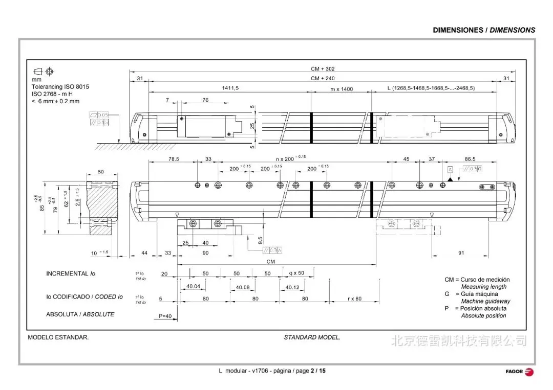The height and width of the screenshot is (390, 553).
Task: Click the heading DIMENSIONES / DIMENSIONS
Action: (x=484, y=30)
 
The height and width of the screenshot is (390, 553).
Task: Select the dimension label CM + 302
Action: (x=323, y=69)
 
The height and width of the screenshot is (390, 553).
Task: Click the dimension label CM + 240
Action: (x=323, y=79)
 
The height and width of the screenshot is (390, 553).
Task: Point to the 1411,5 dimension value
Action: (x=230, y=88)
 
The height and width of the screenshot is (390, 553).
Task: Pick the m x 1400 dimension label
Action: (x=341, y=89)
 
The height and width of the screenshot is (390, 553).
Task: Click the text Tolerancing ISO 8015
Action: (x=60, y=87)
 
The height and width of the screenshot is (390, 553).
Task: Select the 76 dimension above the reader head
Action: (x=205, y=100)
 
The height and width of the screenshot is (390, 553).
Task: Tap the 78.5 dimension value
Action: (x=174, y=159)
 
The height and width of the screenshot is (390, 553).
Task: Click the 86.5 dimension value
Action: (x=470, y=159)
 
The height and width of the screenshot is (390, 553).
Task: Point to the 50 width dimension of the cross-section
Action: (x=101, y=172)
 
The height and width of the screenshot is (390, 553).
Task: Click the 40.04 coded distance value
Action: (x=193, y=287)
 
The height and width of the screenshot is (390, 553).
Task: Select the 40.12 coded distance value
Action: (x=292, y=287)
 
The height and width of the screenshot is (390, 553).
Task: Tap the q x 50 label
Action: (x=296, y=273)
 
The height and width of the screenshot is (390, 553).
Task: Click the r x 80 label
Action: (x=355, y=299)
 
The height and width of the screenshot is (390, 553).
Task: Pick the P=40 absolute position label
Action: (x=165, y=316)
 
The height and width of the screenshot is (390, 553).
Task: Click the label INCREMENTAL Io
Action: (x=71, y=274)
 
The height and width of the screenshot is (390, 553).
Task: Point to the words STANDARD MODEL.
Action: (x=312, y=337)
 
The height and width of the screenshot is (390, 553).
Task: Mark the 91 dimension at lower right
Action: (x=461, y=253)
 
